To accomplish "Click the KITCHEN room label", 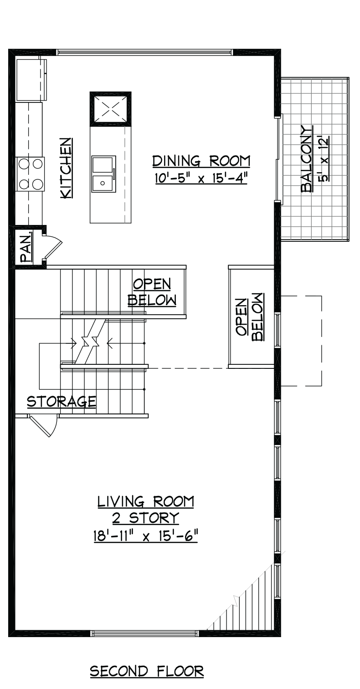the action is point(67,168).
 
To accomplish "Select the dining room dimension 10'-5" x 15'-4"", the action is point(201,178).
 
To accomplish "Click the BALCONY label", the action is point(307,159).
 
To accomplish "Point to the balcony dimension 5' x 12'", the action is point(324,159).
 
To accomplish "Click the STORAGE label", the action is point(61,402).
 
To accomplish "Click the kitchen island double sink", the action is point(104,174).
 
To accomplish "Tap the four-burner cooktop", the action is point(31,174).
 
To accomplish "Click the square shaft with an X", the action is point(110,109).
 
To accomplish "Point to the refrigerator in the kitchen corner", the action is point(31,80).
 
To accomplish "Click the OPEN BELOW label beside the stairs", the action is point(152,292).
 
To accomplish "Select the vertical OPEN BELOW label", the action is point(250,317).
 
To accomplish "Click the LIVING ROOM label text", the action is point(146,502).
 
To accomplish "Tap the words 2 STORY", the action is point(145,518).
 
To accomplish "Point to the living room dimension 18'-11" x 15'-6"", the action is point(145,537).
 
